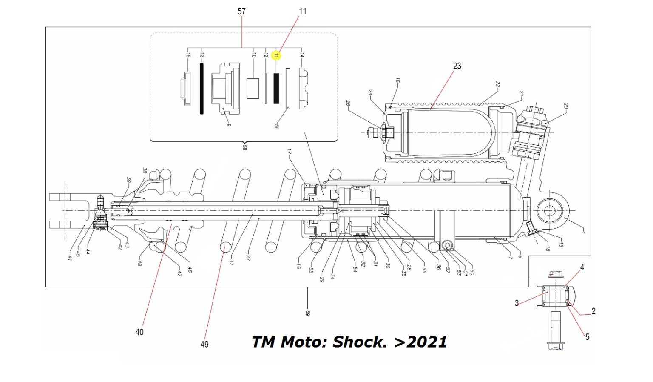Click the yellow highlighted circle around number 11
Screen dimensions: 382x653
tap(276, 55)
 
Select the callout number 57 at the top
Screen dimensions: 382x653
tap(241, 11)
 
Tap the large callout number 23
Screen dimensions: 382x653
tap(457, 66)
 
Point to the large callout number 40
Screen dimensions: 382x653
tap(139, 332)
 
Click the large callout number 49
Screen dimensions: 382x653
tap(204, 344)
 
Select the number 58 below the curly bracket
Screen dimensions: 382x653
tap(244, 148)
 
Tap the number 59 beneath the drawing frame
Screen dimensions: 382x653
tap(307, 313)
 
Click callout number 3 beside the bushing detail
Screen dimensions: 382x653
tap(517, 303)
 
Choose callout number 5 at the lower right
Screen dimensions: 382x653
tap(587, 337)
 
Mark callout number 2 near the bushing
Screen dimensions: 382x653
tap(593, 311)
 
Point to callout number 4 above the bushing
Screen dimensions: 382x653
tap(582, 267)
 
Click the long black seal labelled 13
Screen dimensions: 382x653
tap(202, 89)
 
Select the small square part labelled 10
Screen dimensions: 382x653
tap(253, 89)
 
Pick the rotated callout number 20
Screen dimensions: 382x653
tap(565, 106)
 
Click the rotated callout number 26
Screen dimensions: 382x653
tap(348, 103)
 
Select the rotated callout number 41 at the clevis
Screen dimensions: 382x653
tap(70, 257)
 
